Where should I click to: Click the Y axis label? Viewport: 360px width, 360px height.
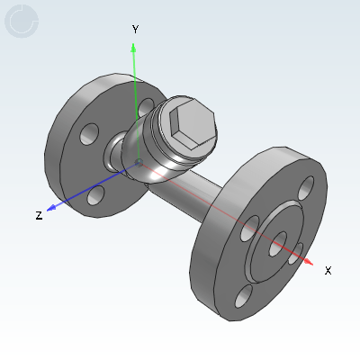coord(136,30)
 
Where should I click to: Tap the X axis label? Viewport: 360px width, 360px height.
coord(328,270)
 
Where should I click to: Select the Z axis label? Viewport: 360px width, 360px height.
coord(39,215)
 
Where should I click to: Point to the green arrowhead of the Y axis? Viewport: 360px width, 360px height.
coord(133,48)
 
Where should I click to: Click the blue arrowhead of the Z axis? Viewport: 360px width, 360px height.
coord(51,207)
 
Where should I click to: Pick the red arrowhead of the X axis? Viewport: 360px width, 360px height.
coord(308,262)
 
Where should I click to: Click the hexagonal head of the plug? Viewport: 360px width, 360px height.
coord(193,124)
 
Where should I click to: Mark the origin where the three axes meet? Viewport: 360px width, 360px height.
coord(139,163)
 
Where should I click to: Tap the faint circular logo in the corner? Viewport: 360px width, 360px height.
coord(22,21)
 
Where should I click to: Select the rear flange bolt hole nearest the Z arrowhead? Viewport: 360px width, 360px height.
coord(96,195)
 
